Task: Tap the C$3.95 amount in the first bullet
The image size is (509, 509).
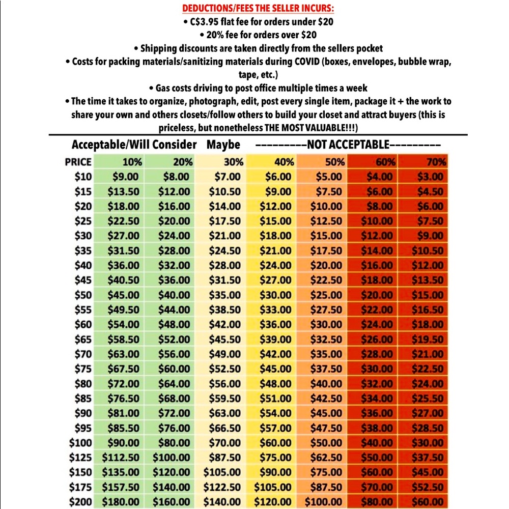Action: pyautogui.click(x=205, y=22)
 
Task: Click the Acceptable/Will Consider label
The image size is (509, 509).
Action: pyautogui.click(x=134, y=145)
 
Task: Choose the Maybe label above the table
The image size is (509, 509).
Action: pyautogui.click(x=223, y=145)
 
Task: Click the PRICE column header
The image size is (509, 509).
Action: pyautogui.click(x=78, y=162)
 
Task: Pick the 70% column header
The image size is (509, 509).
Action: pyautogui.click(x=436, y=162)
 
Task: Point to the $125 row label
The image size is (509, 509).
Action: pyautogui.click(x=80, y=458)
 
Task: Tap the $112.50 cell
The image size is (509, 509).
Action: pyautogui.click(x=121, y=458)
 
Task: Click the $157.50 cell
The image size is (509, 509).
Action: pyautogui.click(x=121, y=487)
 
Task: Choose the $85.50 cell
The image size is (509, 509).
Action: pyautogui.click(x=123, y=428)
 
